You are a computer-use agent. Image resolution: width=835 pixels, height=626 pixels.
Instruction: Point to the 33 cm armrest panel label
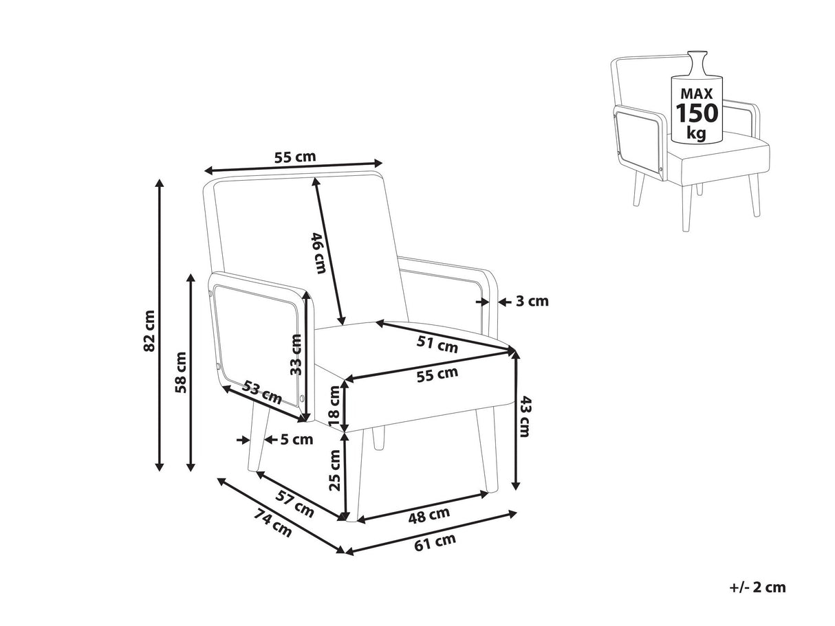296,354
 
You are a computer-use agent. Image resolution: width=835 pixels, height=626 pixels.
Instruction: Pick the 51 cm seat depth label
438,344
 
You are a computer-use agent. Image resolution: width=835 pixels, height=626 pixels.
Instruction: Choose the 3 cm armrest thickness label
532,301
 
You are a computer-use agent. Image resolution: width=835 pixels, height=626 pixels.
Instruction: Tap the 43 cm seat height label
525,416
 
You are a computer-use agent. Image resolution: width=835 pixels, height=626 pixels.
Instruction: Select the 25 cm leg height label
335,470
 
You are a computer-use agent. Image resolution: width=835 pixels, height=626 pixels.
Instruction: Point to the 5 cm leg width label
296,440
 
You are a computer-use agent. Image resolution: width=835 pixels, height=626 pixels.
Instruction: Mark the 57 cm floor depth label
295,504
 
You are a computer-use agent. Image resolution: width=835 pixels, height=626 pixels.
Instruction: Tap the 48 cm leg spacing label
430,514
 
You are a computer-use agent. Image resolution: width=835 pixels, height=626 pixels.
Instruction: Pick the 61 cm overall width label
436,540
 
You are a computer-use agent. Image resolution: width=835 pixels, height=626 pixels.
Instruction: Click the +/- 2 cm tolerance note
757,588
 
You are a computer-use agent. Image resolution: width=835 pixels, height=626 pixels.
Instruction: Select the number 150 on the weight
697,112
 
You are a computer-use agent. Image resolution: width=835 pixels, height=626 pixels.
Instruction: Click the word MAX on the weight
697,93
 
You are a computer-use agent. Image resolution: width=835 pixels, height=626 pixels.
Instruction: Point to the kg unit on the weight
697,133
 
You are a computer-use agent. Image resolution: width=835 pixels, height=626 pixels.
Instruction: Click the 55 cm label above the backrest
295,157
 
